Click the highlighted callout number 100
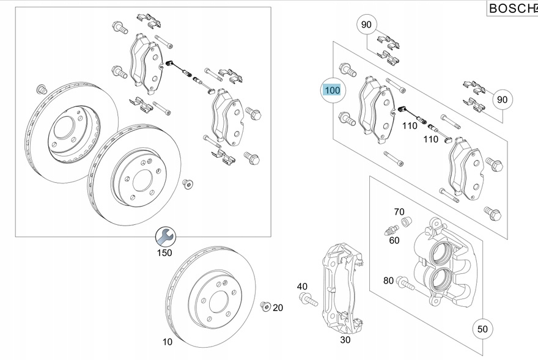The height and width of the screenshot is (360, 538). pyautogui.click(x=332, y=90)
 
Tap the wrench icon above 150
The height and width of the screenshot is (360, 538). pyautogui.click(x=164, y=235)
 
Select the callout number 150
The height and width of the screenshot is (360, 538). pyautogui.click(x=164, y=252)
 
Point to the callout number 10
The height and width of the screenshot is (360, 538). pyautogui.click(x=168, y=342)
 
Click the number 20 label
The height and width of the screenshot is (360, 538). pyautogui.click(x=278, y=307)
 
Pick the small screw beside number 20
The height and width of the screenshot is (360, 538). pyautogui.click(x=265, y=305)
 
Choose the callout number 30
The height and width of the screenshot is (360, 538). pyautogui.click(x=345, y=340)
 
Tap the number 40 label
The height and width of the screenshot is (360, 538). pyautogui.click(x=302, y=286)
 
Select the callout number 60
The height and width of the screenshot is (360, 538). pyautogui.click(x=394, y=240)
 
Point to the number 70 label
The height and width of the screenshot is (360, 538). pyautogui.click(x=399, y=212)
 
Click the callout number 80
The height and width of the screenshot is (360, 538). pyautogui.click(x=388, y=281)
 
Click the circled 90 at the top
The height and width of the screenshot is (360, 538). pyautogui.click(x=366, y=25)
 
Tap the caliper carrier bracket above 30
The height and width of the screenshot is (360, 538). pyautogui.click(x=342, y=287)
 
